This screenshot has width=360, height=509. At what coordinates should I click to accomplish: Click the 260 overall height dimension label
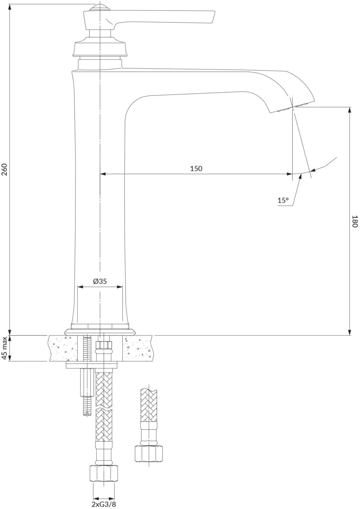pos(5,169)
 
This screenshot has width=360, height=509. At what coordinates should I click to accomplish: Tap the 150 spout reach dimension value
pos(196,168)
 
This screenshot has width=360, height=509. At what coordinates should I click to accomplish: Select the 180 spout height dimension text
pos(354,221)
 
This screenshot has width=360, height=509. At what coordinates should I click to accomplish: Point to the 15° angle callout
pos(283,200)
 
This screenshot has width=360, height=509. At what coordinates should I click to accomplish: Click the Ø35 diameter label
pos(100,281)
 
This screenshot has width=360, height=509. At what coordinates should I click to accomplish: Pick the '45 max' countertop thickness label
pos(5,348)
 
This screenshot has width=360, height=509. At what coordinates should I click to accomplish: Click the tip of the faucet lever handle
pos(214,17)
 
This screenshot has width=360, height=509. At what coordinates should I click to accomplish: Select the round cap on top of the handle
pos(100,8)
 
